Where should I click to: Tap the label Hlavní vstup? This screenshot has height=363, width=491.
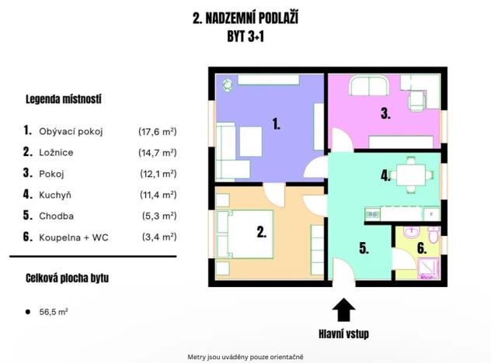point(344,334)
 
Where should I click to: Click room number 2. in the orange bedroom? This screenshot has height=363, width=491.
point(262,230)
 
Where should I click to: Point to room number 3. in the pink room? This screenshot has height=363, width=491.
point(385,113)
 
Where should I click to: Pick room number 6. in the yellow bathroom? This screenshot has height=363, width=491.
point(421,249)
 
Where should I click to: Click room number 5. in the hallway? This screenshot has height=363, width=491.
point(364,249)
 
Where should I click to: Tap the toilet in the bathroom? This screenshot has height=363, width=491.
point(433,234)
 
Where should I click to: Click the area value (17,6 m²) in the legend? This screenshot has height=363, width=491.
point(158,131)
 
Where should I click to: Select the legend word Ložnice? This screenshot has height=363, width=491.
point(55,152)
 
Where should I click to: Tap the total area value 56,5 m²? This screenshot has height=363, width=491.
point(53,312)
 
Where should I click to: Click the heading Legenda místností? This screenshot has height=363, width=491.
point(64,99)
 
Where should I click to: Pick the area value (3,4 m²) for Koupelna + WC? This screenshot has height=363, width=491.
point(158,237)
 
